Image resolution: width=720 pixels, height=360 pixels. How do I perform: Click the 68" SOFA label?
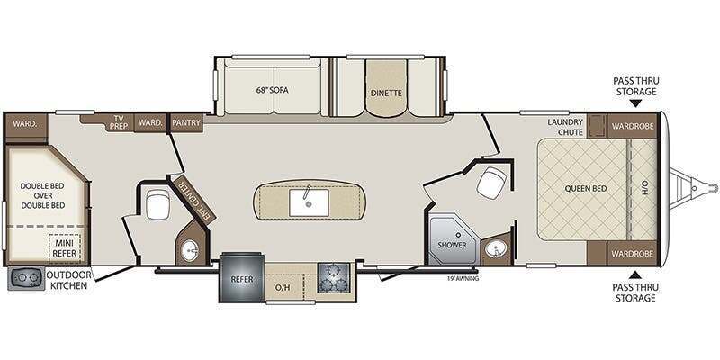click(273, 90)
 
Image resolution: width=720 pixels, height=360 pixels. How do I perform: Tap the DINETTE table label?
click(386, 93)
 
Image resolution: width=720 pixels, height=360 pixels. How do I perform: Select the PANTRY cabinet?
click(186, 122)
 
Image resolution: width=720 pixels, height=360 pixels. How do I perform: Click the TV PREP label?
click(118, 121)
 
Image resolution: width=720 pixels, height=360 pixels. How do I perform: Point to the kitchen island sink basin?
click(309, 202)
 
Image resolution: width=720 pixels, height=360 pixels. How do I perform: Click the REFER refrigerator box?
click(242, 278)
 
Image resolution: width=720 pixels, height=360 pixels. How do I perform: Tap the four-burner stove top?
click(333, 277)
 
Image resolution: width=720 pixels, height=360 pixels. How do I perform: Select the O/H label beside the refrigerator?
click(282, 287)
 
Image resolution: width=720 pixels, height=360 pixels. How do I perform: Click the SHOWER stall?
click(452, 238)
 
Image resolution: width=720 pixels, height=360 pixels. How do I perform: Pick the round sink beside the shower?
click(496, 249)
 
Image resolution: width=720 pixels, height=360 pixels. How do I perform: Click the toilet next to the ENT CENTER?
click(157, 205)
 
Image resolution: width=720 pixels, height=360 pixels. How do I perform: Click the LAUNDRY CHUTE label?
click(565, 127)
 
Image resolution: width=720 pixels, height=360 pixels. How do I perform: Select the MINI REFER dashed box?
click(65, 248)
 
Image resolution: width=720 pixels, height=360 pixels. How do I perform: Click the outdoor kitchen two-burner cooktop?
click(26, 278)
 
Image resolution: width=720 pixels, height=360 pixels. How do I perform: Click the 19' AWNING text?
click(463, 278)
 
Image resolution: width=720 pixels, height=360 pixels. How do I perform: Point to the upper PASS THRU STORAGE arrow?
click(636, 103)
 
